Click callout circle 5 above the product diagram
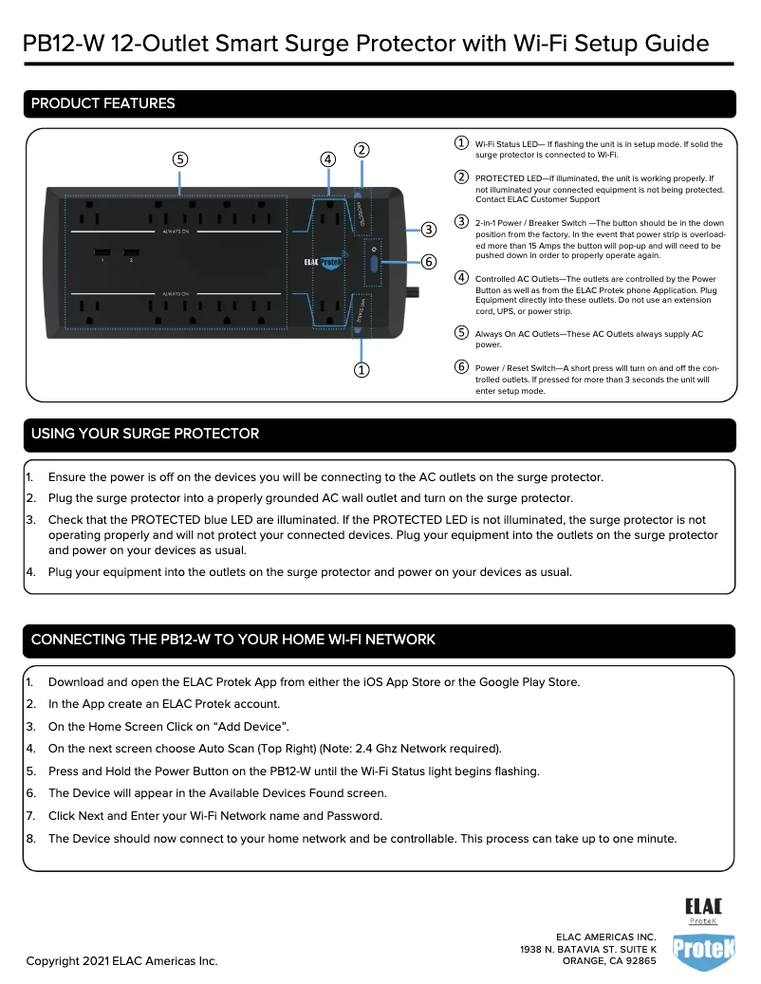click(179, 158)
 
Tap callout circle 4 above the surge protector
click(327, 158)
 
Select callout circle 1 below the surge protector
click(362, 369)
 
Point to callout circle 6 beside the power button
click(429, 261)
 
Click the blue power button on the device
click(373, 263)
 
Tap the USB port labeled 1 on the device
click(101, 253)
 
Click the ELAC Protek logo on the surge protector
click(325, 262)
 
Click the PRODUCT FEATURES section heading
click(103, 103)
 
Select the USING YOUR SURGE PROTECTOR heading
click(145, 434)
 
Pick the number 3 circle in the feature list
click(460, 221)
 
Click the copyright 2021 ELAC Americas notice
click(121, 960)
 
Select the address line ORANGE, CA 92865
click(609, 960)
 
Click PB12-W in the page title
click(64, 44)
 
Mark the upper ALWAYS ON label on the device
click(175, 231)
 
